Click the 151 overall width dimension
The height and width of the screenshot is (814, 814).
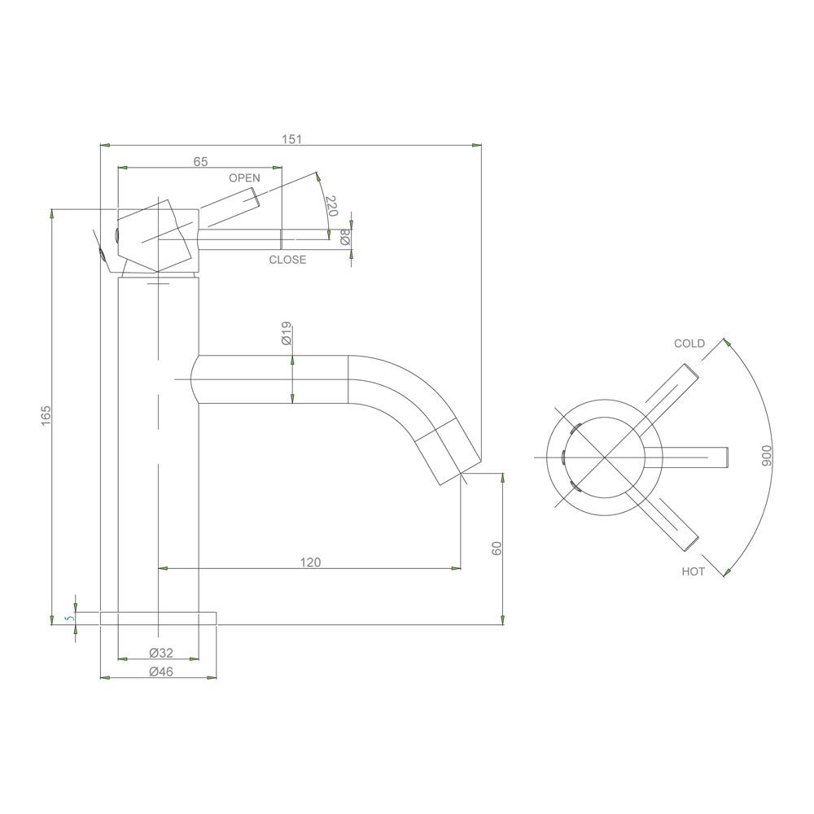point(291,139)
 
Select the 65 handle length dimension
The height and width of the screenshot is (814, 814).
point(200,161)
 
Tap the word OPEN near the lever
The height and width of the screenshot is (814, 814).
point(244,178)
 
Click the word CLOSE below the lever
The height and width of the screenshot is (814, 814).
point(287,260)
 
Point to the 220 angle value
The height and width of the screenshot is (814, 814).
point(330,206)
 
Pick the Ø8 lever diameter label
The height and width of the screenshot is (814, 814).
point(345,237)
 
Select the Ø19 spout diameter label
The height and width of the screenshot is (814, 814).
point(287,335)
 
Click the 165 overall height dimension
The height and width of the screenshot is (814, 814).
point(46,415)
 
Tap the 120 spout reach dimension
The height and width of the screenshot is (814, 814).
point(310,562)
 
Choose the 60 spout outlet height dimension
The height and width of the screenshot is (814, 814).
point(497,548)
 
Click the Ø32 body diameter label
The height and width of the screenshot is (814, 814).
point(161,652)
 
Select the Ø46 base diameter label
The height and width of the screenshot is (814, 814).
point(161,672)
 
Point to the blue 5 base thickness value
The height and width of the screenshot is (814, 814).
point(70,619)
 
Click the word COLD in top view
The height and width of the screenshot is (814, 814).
point(689,344)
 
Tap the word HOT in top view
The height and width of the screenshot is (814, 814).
point(693,572)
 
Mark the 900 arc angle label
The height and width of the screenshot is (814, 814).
point(765,457)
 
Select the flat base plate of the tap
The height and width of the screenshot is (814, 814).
point(158,619)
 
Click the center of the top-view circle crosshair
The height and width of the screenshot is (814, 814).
point(602,457)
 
